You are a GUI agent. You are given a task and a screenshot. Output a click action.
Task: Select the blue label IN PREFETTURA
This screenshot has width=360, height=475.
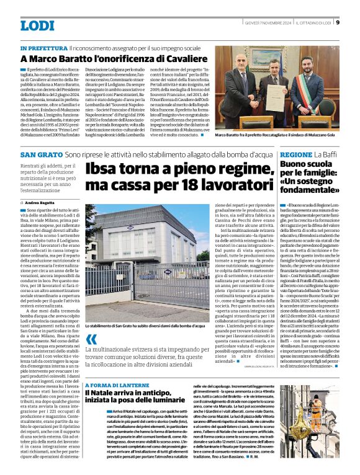click(x=43, y=48)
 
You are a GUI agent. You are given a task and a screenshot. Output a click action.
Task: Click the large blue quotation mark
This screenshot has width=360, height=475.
click(x=92, y=339)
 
